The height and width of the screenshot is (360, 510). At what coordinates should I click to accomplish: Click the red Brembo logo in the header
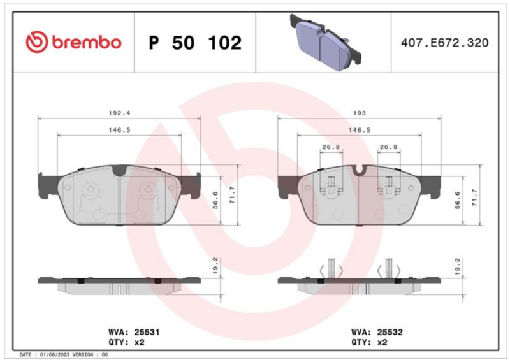click(73, 42)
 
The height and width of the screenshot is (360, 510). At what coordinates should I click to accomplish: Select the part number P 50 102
click(195, 43)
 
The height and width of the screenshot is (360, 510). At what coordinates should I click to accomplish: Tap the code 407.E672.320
click(444, 43)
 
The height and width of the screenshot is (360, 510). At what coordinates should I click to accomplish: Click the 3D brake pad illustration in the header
click(326, 42)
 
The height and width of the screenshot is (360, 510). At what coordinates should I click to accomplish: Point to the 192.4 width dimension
click(119, 113)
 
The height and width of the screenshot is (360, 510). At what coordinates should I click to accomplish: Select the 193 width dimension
click(360, 113)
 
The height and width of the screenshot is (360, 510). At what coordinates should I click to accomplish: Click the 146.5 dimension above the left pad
click(119, 130)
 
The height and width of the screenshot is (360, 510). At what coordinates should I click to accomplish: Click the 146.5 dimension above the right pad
click(360, 130)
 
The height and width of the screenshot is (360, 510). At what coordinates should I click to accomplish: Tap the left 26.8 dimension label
click(331, 147)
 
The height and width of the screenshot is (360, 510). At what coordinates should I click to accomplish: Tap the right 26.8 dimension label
click(389, 147)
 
